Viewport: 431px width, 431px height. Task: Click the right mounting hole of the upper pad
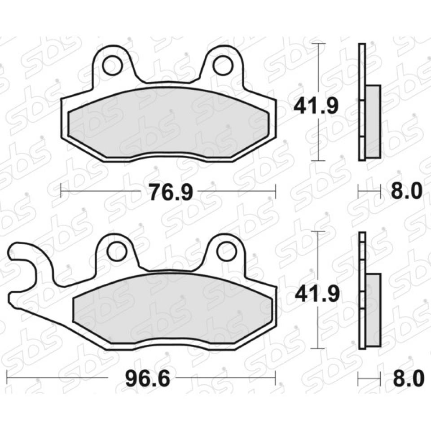coord(221,66)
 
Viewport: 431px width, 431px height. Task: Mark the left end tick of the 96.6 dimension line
coord(8,378)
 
